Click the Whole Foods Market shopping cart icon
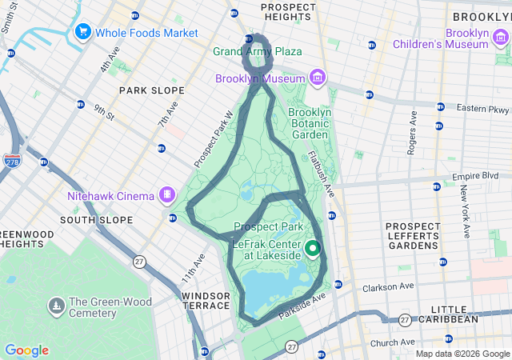82,32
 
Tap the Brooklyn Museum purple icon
318,78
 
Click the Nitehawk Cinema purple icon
167,194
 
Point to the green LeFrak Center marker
313,248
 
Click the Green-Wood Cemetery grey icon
56,306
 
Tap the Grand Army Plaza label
257,51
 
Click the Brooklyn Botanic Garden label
309,123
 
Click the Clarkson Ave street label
389,286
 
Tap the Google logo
26,350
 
